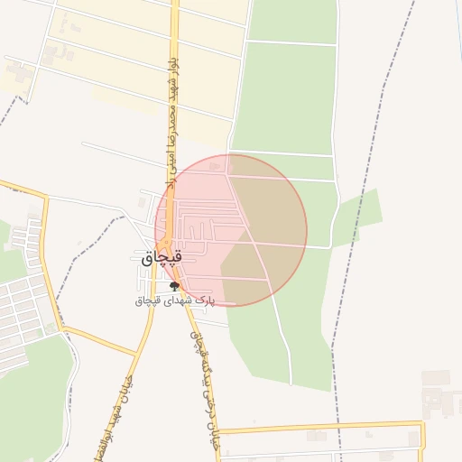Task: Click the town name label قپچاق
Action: click(162, 258)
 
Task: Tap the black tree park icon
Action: click(173, 286)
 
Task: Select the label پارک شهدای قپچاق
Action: click(174, 299)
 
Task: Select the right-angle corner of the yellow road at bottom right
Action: click(421, 423)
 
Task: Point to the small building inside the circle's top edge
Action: click(214, 166)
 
